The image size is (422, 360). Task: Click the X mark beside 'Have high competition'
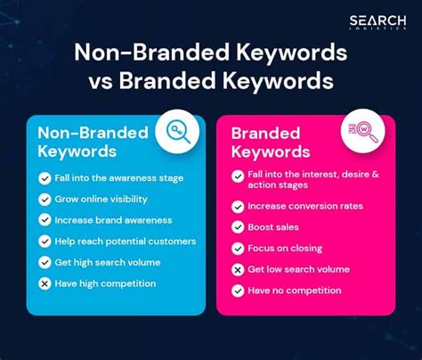45,283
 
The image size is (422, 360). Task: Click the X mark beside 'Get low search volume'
238,269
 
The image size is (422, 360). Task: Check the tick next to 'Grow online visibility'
45,199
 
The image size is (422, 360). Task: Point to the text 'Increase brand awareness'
113,220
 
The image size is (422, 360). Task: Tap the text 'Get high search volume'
107,262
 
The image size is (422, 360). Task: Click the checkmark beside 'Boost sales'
238,227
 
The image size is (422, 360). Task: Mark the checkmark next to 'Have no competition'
238,290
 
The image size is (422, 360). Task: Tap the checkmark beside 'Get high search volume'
45,262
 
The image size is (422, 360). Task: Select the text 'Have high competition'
106,283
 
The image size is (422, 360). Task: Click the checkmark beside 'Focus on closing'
238,249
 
